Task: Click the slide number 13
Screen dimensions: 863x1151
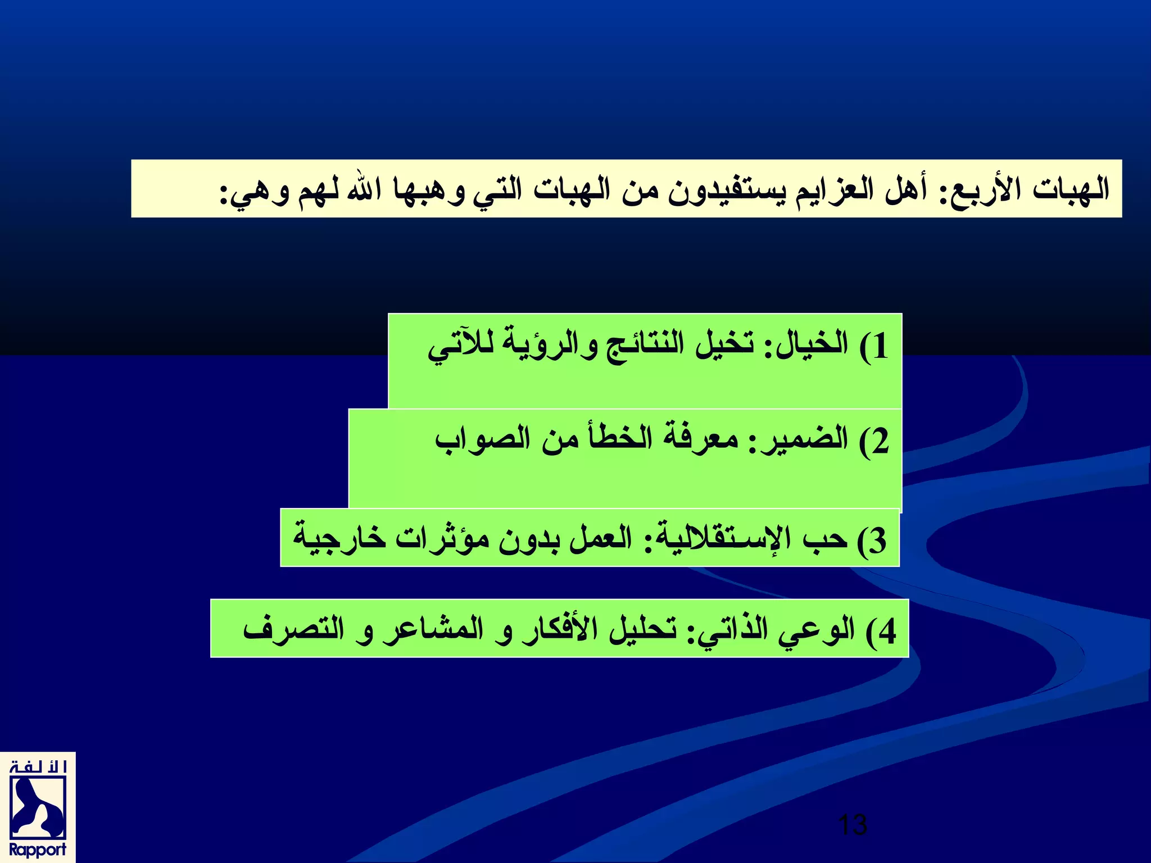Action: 852,825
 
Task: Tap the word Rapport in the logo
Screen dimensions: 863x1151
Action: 38,850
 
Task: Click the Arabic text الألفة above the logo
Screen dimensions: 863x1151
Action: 38,767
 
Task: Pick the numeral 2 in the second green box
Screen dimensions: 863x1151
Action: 880,442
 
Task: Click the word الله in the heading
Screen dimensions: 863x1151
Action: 364,188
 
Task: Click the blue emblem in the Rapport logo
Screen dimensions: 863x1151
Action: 38,807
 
